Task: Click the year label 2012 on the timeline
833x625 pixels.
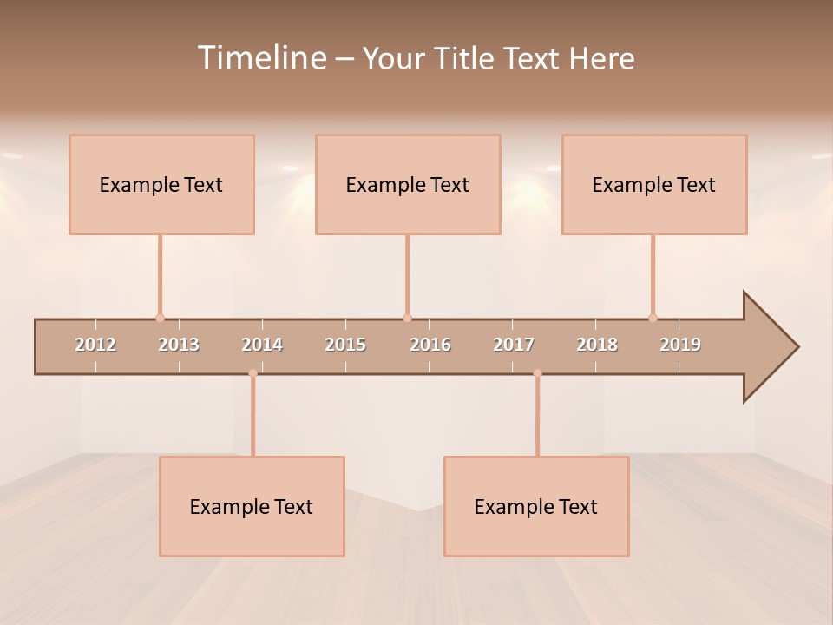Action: coord(95,345)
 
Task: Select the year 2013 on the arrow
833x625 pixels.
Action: coord(179,345)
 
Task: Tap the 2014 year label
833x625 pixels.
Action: coord(262,345)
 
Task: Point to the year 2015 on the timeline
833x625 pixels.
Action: coord(345,345)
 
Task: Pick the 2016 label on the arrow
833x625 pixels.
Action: coord(430,345)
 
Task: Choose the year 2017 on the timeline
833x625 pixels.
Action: coord(514,345)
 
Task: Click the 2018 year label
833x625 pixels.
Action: coord(597,345)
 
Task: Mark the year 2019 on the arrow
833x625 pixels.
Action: coord(680,345)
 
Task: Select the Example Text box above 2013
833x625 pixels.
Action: coord(161,184)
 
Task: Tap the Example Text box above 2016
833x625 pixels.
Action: coord(408,184)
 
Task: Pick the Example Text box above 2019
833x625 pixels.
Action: coord(654,184)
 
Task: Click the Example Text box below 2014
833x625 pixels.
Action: coord(252,506)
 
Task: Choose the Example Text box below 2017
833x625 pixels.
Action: coord(536,506)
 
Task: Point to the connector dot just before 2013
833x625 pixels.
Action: coord(160,318)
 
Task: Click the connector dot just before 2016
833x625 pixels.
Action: coord(407,318)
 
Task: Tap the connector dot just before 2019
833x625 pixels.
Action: coord(653,318)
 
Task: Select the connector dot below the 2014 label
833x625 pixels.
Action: coord(253,373)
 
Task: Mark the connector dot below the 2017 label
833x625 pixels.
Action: coord(537,373)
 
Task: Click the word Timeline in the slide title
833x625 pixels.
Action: coord(261,58)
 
